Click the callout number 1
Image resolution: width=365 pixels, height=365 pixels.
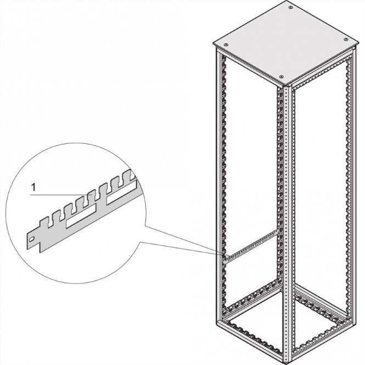click(x=33, y=188)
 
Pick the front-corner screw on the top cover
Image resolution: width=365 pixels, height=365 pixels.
click(x=281, y=77)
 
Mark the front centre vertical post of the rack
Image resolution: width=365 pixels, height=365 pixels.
click(x=285, y=220)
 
